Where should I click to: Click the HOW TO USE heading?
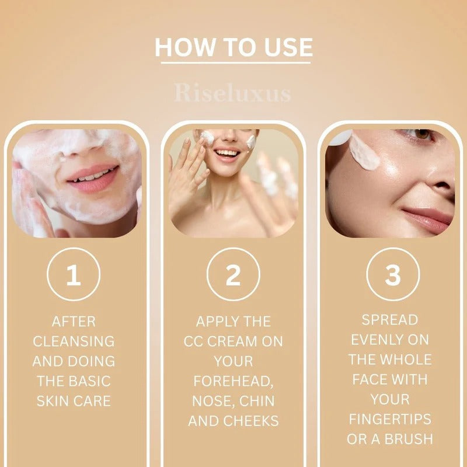[x=233, y=47]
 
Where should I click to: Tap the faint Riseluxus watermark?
[x=232, y=93]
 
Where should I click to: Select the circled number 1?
[x=74, y=275]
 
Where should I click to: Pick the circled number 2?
[x=233, y=275]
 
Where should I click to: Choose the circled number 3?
[x=392, y=275]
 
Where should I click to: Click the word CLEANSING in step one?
[x=74, y=341]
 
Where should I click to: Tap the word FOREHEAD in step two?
[x=233, y=381]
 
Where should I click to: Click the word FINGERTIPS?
[x=390, y=419]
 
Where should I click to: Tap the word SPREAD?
[x=390, y=320]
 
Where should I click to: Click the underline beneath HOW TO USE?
[x=233, y=61]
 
